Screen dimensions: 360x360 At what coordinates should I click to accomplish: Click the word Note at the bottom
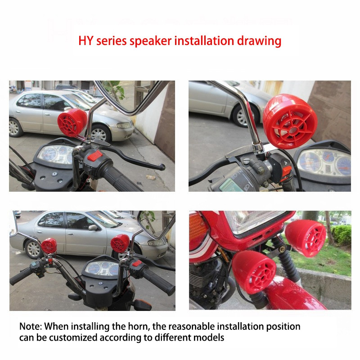point(30,326)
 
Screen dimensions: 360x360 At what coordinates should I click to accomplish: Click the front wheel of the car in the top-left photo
point(101,133)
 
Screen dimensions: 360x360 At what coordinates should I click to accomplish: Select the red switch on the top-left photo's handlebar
point(95,156)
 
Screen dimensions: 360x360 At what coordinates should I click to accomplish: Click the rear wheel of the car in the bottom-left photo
point(34,248)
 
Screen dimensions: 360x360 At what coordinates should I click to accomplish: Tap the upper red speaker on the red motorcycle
point(306,237)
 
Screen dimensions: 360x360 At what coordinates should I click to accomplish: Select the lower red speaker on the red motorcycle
point(254,271)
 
